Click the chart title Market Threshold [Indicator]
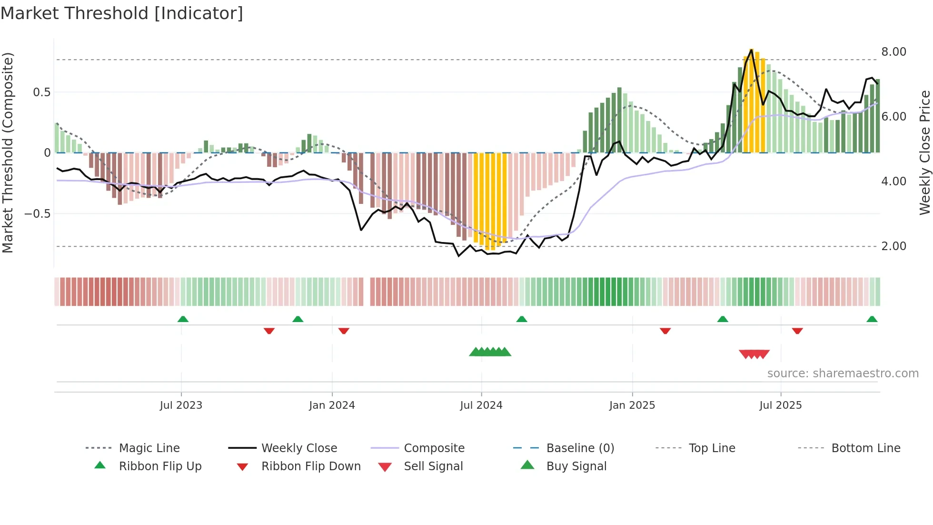(122, 13)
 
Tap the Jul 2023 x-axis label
(181, 405)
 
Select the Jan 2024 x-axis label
(332, 405)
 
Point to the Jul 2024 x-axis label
(481, 405)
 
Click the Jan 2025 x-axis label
(632, 405)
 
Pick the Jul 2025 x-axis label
(780, 405)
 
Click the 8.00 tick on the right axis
(893, 52)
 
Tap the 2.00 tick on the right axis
(893, 246)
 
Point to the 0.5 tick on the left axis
(41, 92)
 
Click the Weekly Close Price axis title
(924, 152)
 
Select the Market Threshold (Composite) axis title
(8, 152)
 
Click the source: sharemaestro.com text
(843, 374)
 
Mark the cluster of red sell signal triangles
(754, 354)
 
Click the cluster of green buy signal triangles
(490, 352)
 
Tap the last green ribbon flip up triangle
(872, 320)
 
